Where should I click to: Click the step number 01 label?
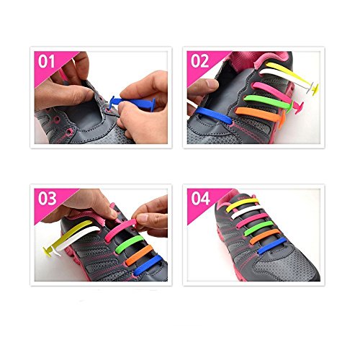point(46,62)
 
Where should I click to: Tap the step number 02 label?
point(199,61)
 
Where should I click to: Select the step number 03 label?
point(48,199)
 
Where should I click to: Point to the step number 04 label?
point(201,199)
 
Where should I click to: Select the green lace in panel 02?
point(268,101)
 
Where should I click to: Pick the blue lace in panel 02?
point(214,115)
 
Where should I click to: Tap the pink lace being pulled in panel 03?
point(120,229)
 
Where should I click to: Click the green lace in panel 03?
point(129,243)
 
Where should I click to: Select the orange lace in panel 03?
point(139,254)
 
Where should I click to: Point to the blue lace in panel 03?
point(148,265)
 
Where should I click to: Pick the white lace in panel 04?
point(246,211)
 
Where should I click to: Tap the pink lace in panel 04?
point(252,220)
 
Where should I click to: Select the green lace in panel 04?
point(258,228)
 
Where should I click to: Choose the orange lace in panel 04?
point(265,236)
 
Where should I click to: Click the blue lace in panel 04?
point(272,246)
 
